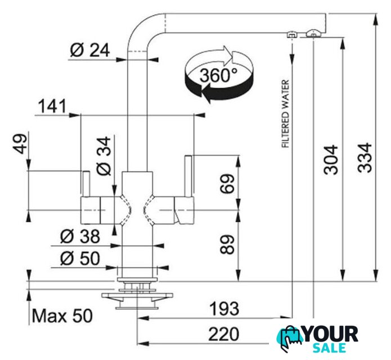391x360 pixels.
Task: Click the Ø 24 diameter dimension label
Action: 90,50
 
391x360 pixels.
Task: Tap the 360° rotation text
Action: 218,75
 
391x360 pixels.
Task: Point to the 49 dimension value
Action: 20,144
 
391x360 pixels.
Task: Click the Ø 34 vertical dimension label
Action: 104,156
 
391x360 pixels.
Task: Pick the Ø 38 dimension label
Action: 80,236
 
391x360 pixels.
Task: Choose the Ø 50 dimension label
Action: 80,258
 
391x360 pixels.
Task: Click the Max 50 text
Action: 62,316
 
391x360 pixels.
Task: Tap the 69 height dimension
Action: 227,184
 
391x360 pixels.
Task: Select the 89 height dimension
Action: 227,244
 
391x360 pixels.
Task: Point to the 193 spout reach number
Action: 224,308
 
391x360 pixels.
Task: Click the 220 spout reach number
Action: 224,334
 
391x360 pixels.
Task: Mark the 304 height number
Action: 331,160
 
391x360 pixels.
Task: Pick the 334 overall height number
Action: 365,157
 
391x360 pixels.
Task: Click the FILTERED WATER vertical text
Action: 286,114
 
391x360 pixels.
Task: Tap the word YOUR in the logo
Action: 331,334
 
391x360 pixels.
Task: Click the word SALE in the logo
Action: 329,348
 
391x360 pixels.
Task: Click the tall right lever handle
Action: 188,176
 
